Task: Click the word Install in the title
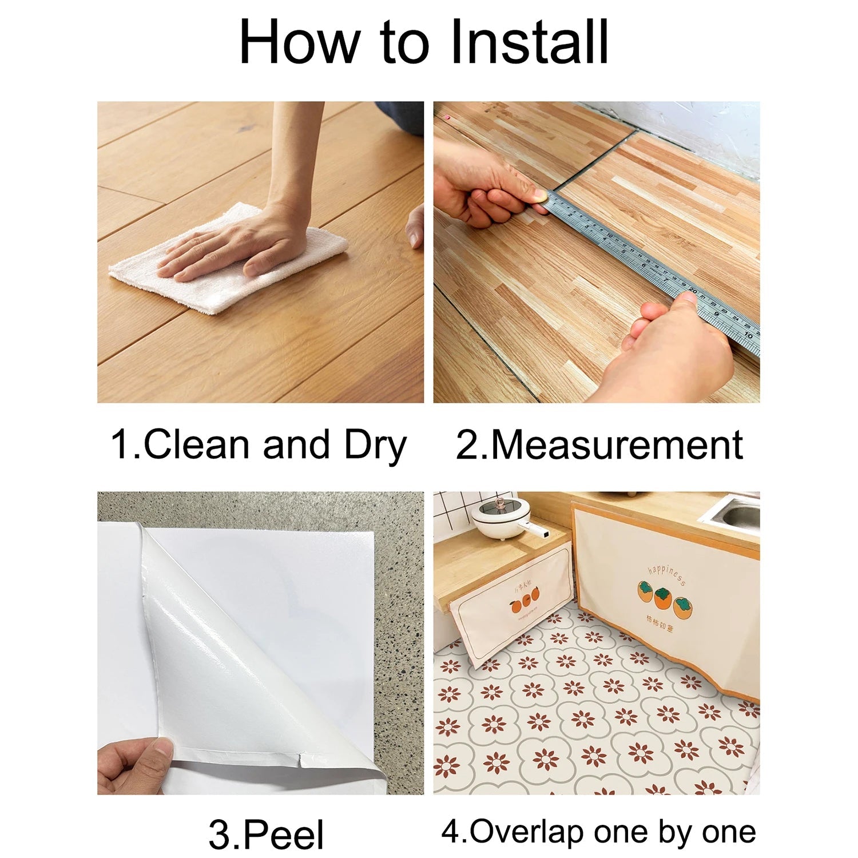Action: pyautogui.click(x=529, y=43)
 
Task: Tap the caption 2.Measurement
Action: pyautogui.click(x=599, y=445)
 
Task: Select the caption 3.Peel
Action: pyautogui.click(x=266, y=834)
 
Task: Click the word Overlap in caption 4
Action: pyautogui.click(x=526, y=832)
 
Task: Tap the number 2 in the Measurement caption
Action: pyautogui.click(x=466, y=445)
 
